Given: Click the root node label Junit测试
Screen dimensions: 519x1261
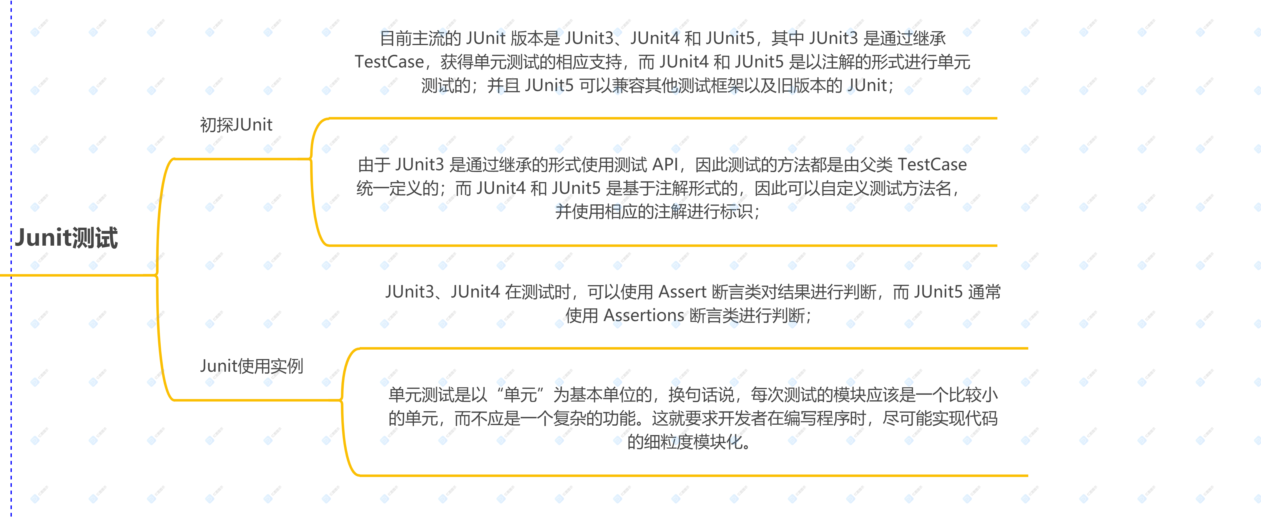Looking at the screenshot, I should [x=66, y=238].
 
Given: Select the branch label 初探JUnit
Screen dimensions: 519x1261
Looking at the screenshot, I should [x=236, y=125].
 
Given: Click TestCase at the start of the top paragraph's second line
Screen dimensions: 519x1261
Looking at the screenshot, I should [x=389, y=62].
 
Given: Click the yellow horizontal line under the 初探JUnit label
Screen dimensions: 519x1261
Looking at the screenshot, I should [x=242, y=159].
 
